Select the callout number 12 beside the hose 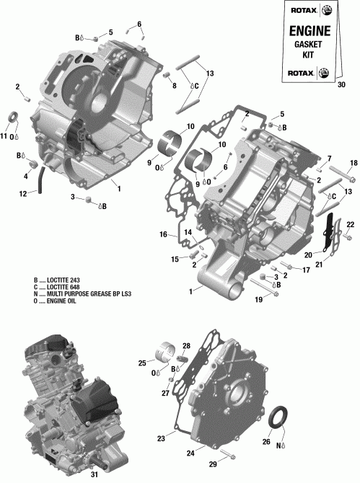(23, 193)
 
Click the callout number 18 (354, 162)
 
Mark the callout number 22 (351, 226)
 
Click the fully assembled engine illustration (65, 404)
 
